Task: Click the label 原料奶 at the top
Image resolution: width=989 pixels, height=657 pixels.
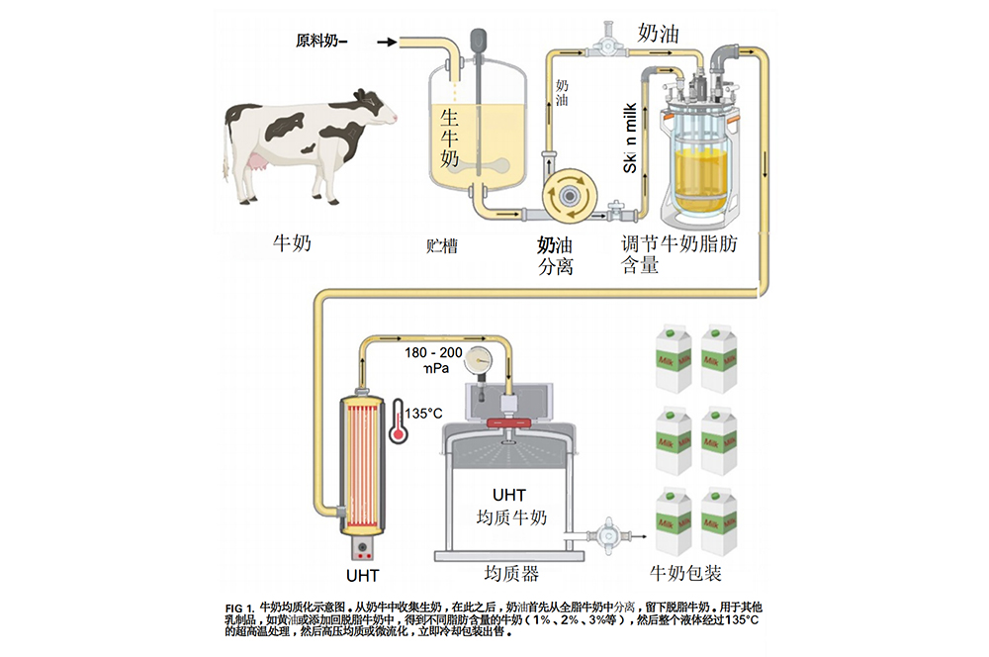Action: [x=320, y=41]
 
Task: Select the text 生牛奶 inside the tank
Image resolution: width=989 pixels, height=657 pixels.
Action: [x=452, y=138]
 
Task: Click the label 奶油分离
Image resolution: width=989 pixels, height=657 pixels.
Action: [x=558, y=254]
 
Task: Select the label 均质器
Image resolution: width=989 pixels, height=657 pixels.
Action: [x=511, y=573]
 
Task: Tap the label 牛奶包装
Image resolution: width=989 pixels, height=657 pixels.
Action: [x=685, y=572]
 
